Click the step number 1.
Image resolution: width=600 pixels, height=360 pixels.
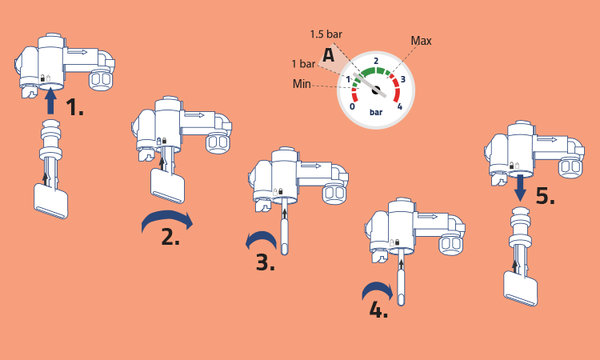[x=74, y=107]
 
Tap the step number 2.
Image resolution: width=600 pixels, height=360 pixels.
[x=170, y=237]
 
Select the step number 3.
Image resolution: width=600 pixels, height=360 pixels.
[x=265, y=263]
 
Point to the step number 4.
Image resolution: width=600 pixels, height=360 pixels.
[x=378, y=310]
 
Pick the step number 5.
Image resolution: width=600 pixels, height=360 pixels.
[x=546, y=196]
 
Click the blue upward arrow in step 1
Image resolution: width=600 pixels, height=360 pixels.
[x=50, y=102]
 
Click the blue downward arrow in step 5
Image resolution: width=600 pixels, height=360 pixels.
[x=520, y=188]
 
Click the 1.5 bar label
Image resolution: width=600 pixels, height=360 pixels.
[x=326, y=34]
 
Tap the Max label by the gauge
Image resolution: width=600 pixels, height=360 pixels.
[x=422, y=41]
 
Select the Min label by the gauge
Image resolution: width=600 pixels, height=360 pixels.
[x=302, y=84]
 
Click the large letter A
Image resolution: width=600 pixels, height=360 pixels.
[x=328, y=55]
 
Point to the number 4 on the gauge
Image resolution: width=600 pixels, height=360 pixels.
[x=400, y=106]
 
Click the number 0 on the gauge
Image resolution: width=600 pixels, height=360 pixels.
[x=353, y=106]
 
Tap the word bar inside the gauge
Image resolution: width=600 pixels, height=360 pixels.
[x=376, y=112]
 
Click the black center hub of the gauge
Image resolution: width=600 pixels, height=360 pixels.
[x=376, y=90]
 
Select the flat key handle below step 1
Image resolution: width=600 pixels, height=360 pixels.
[x=51, y=201]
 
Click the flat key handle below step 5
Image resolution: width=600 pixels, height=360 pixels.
[x=521, y=289]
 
